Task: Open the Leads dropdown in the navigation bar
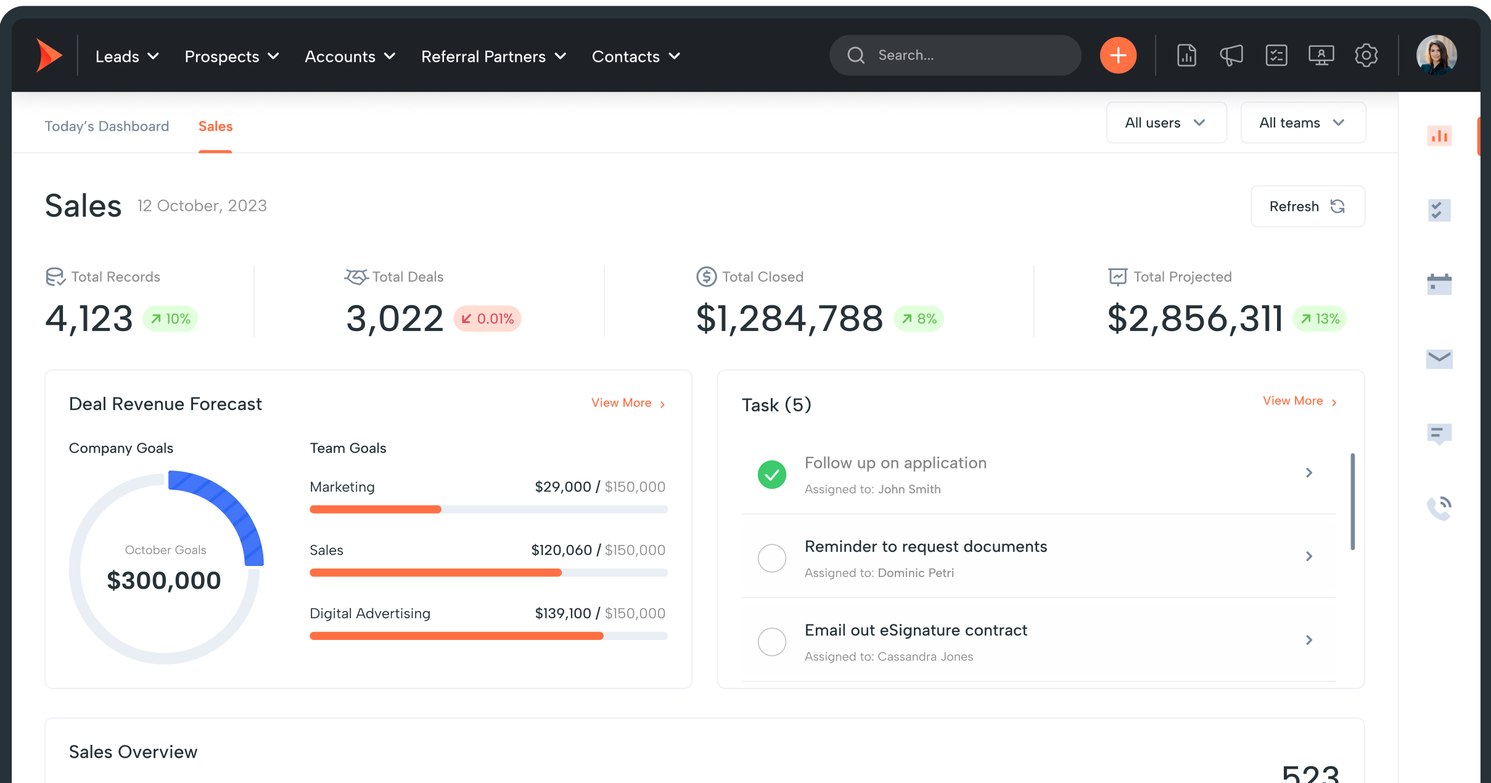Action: click(x=127, y=57)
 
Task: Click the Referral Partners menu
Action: click(x=493, y=57)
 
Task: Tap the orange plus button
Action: click(x=1118, y=55)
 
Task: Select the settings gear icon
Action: click(x=1366, y=55)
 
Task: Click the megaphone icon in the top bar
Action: click(x=1231, y=55)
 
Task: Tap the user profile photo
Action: click(x=1436, y=55)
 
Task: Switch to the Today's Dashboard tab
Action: click(x=107, y=126)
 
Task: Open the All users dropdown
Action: click(x=1165, y=123)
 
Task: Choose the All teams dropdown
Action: click(x=1302, y=123)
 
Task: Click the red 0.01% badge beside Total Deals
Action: click(x=488, y=319)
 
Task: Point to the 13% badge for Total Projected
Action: click(x=1320, y=319)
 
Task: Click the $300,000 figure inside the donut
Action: click(x=164, y=580)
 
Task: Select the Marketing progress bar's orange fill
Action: click(x=375, y=509)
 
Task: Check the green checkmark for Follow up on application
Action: click(x=771, y=475)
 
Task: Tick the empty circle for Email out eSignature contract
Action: click(x=771, y=642)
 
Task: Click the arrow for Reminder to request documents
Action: click(x=1309, y=557)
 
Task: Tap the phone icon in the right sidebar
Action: click(x=1439, y=508)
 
